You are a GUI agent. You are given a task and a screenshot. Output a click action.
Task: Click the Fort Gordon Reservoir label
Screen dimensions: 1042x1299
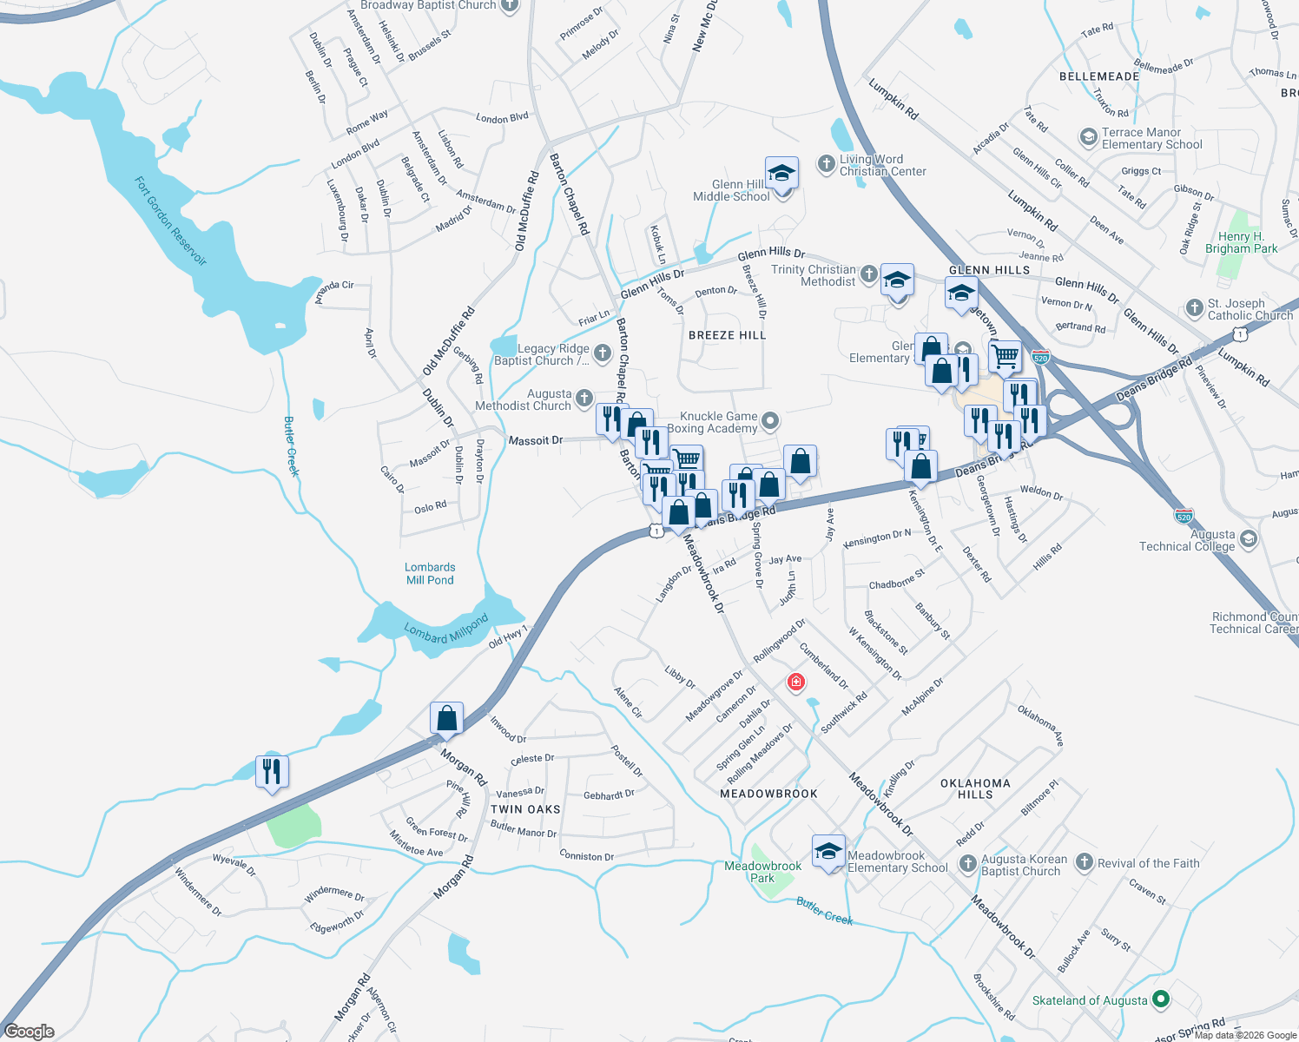pos(170,221)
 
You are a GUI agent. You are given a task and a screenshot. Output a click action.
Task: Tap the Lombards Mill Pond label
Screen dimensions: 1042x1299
pos(430,574)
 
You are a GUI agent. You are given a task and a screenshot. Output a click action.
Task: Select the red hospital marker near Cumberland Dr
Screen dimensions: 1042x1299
pos(795,683)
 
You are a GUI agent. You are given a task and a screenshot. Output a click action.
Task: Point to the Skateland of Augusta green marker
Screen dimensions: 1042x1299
pos(1158,1000)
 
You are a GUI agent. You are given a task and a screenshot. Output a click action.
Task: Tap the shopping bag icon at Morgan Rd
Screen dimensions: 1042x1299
pos(446,718)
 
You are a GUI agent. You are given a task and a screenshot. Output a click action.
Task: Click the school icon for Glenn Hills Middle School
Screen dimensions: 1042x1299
pos(781,173)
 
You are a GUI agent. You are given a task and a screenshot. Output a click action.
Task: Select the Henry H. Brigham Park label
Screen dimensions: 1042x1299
pos(1241,242)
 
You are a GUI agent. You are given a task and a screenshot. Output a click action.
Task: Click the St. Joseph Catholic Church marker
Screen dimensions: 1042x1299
pos(1194,308)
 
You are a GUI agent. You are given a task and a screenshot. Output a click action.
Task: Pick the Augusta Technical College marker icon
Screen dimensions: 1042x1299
pos(1249,539)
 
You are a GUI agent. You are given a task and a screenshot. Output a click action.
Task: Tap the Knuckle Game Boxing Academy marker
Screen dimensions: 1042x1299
pos(770,422)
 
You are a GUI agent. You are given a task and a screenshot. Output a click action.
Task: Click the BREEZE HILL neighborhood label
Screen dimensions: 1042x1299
pos(727,335)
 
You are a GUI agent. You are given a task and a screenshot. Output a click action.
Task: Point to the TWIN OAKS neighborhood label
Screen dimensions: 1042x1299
pos(525,809)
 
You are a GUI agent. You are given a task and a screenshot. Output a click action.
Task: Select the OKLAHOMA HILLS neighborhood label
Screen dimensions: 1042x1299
pos(975,788)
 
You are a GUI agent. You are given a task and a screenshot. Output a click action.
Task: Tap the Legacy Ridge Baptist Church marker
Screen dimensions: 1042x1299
pos(602,353)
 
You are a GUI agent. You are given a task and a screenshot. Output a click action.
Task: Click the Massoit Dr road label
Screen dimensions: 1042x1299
pos(536,441)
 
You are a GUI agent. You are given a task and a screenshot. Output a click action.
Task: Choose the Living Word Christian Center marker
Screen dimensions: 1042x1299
pos(826,164)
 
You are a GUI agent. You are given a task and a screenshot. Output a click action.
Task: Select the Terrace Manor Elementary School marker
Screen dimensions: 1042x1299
pos(1088,137)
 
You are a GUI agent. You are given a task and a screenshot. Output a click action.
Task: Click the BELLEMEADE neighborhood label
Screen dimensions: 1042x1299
pos(1099,76)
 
